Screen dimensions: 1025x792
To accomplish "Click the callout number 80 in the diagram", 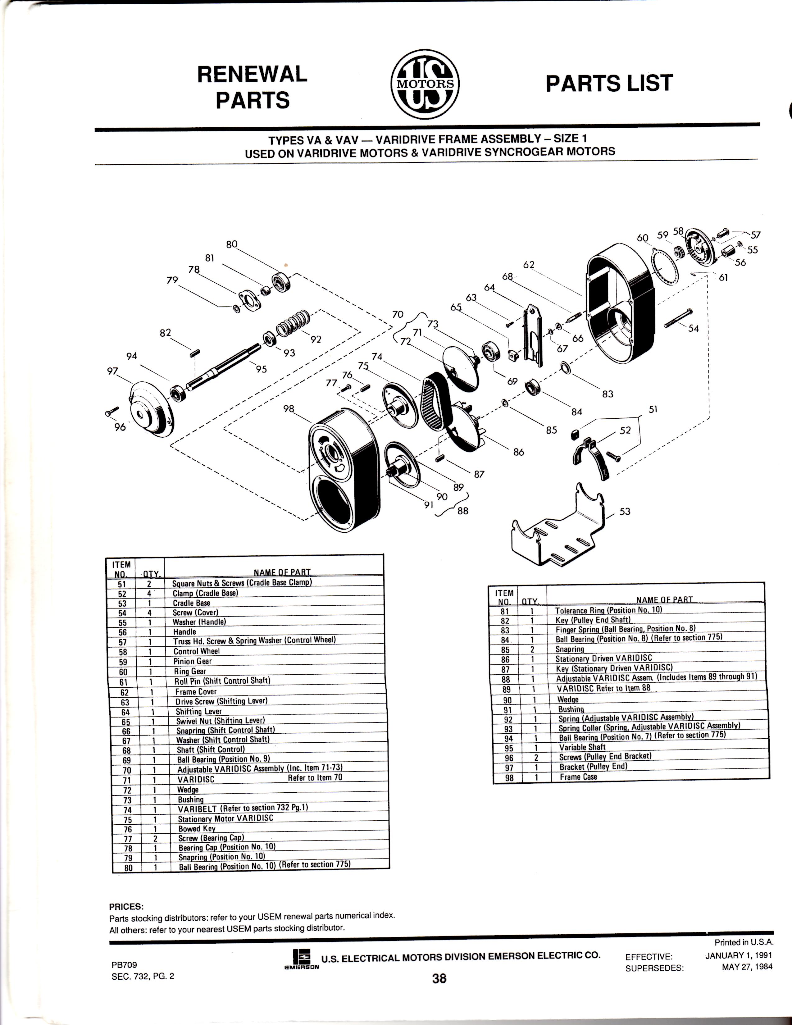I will click(232, 244).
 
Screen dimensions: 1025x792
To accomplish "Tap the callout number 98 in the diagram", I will click(289, 409).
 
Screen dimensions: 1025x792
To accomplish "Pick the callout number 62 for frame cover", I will click(529, 265).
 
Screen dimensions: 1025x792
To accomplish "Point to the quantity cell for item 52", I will click(149, 593).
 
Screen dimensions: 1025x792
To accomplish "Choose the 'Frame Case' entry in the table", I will click(578, 777).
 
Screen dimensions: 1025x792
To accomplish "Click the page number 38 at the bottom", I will click(439, 978).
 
